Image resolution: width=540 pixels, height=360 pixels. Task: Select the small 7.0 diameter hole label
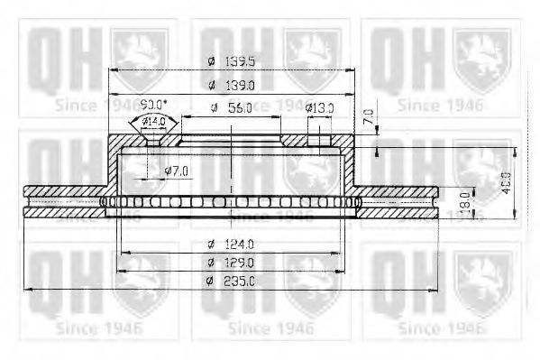(x=180, y=170)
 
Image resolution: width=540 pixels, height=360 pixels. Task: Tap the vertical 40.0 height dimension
(x=506, y=181)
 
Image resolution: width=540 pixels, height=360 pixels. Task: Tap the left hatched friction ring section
(x=63, y=193)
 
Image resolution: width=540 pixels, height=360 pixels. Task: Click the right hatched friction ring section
(x=401, y=193)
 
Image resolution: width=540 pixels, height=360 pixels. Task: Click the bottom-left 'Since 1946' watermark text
(x=96, y=328)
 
